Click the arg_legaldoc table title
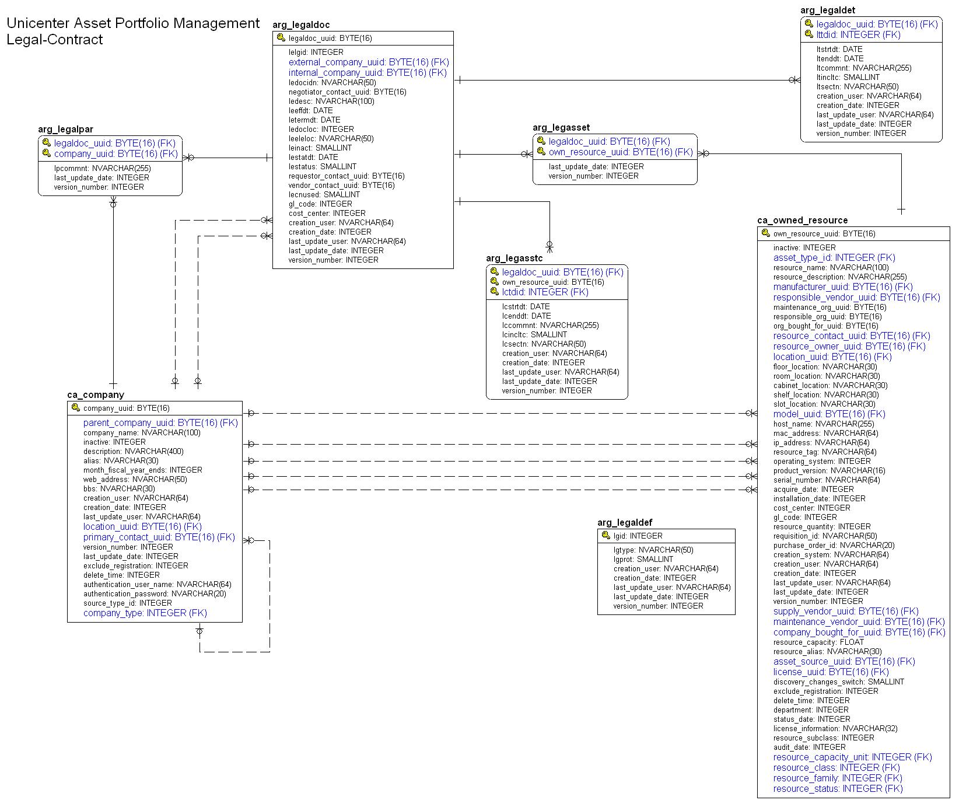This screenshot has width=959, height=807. (x=301, y=25)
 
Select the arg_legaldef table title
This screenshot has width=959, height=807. (x=625, y=522)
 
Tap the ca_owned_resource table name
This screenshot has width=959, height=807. (x=802, y=220)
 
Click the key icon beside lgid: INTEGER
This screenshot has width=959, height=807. (x=605, y=535)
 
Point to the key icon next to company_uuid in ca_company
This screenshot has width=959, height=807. (x=75, y=407)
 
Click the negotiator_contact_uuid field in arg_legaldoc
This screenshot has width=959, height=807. (x=347, y=92)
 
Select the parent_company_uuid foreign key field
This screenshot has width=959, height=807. (x=160, y=422)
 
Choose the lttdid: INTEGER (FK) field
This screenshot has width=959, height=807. (x=858, y=35)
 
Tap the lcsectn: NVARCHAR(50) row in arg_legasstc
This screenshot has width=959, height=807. (x=544, y=344)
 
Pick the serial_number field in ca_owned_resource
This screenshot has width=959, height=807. (x=827, y=480)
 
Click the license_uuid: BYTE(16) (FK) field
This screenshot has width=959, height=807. (x=831, y=672)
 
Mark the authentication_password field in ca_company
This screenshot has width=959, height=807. (x=155, y=593)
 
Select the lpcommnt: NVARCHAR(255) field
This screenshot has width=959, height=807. (x=102, y=168)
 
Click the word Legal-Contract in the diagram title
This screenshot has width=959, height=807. (x=55, y=40)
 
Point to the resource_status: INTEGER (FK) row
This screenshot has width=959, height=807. (x=838, y=788)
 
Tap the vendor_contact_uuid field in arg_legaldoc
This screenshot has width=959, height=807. (x=341, y=185)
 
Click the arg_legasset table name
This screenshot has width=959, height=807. (x=561, y=127)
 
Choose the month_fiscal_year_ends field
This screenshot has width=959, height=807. (x=142, y=470)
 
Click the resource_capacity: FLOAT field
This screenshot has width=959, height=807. (x=818, y=642)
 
